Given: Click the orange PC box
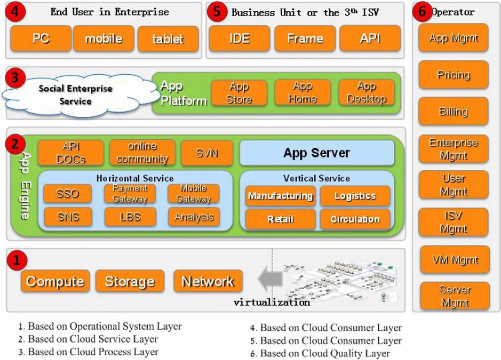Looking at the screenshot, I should click(41, 38).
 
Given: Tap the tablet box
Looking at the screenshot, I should click(168, 39).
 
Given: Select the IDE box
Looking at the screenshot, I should click(239, 38).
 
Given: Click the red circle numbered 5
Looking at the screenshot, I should click(217, 12).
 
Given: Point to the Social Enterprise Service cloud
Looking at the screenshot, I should click(75, 95).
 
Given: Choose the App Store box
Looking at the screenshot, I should click(239, 93).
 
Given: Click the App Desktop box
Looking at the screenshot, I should click(366, 93).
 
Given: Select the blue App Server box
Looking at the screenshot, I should click(317, 153).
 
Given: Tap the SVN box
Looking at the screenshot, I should click(207, 153).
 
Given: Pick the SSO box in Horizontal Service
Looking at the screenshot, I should click(67, 194).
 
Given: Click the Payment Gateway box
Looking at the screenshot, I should click(130, 194).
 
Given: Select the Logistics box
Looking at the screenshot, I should click(355, 196).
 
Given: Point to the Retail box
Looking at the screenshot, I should click(280, 219).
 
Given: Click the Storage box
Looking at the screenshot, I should click(130, 281).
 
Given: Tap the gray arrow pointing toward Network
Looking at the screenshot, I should click(270, 278).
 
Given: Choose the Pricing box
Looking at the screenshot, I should click(453, 75).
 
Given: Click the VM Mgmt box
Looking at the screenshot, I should click(455, 260).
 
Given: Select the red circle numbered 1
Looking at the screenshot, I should click(17, 260).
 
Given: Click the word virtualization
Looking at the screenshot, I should click(272, 302).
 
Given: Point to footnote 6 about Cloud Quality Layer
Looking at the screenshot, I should click(320, 354).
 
